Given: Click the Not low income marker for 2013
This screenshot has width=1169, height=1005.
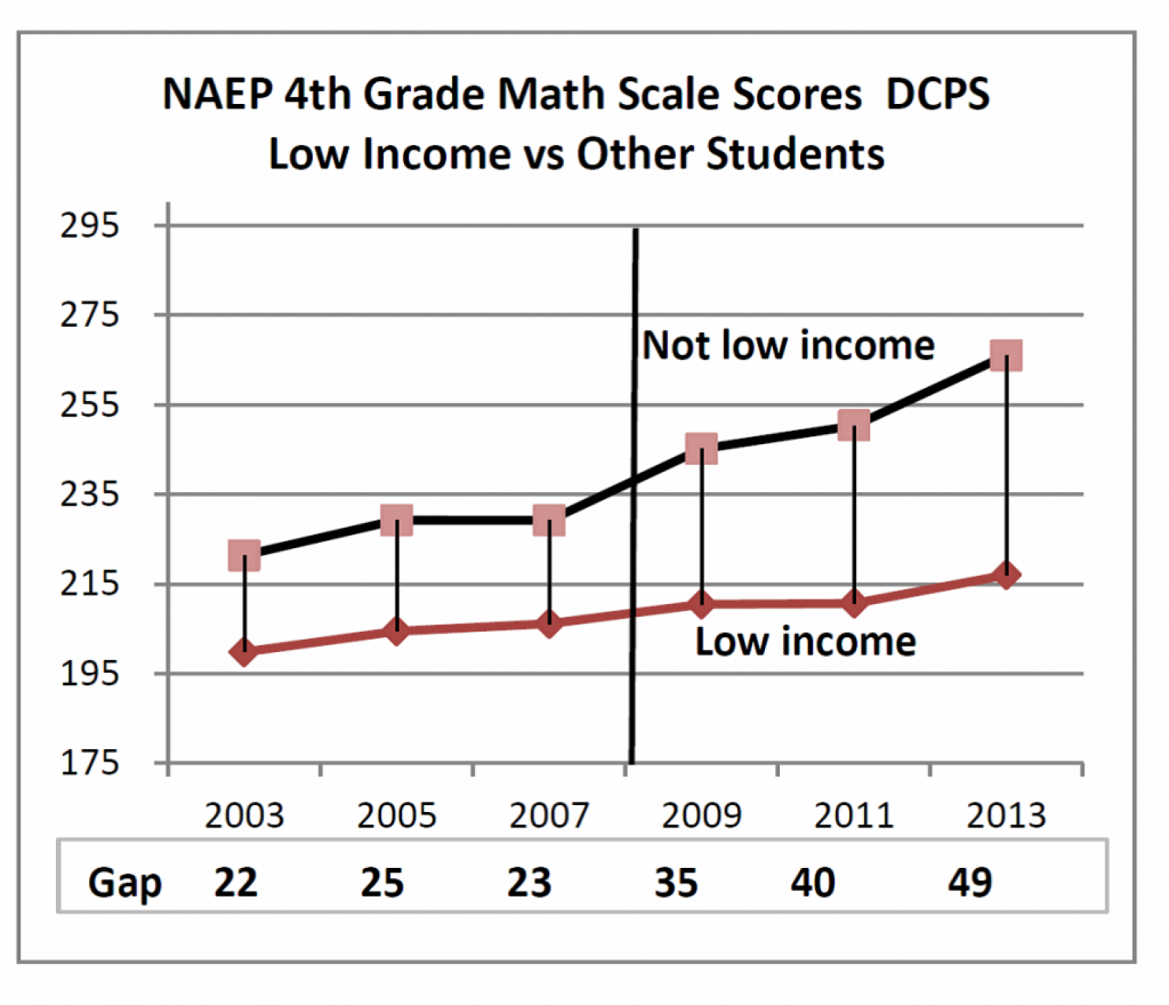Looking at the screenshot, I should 1006,356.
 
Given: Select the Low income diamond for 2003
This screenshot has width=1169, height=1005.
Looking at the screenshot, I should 244,651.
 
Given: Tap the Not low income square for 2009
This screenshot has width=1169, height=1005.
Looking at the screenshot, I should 701,449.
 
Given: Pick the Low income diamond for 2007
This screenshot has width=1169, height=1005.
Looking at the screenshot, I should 549,624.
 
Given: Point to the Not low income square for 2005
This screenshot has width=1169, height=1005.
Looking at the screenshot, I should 396,520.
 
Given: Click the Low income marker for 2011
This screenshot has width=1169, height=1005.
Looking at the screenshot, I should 854,604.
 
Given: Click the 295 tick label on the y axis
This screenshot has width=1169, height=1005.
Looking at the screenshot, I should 90,226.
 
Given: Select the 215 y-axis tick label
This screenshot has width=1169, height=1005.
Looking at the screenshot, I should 90,584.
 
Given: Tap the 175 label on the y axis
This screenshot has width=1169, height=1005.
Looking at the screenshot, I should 90,763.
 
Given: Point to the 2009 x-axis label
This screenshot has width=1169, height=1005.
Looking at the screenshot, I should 701,816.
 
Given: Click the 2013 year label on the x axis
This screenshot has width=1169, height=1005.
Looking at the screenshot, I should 1006,816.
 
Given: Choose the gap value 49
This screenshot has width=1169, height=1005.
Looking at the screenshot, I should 970,883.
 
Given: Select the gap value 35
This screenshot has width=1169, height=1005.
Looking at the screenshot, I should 676,883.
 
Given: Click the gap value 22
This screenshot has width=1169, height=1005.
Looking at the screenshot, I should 236,883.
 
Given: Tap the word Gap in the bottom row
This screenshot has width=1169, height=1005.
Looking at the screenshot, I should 124,883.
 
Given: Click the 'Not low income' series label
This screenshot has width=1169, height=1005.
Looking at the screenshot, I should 789,346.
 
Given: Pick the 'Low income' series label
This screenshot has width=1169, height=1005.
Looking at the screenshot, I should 805,642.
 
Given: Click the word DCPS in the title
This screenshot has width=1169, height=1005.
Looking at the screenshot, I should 937,95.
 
